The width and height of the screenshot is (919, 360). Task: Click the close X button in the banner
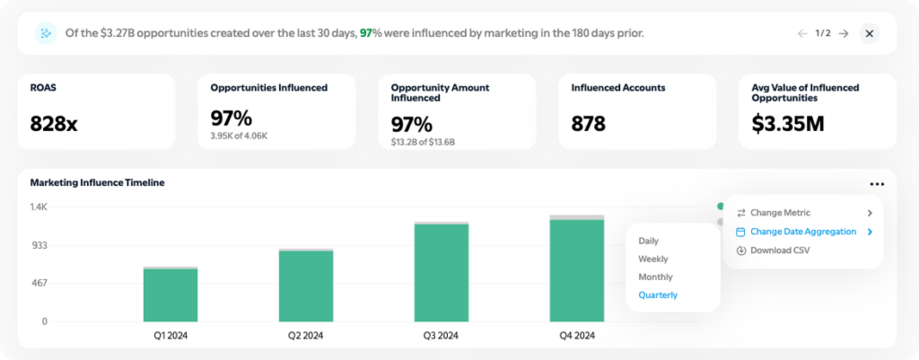[869, 33]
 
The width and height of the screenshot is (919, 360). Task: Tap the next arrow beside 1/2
[844, 33]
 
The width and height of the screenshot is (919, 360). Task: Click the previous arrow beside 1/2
[802, 33]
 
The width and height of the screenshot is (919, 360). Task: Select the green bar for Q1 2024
[171, 294]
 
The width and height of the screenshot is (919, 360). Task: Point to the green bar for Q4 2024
[577, 270]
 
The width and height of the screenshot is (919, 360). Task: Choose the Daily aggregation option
[648, 241]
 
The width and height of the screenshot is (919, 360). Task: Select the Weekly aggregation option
[652, 259]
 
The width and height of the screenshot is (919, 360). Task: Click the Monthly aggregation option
[655, 277]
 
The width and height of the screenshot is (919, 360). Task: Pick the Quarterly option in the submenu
[658, 294]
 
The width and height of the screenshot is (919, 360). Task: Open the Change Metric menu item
[780, 213]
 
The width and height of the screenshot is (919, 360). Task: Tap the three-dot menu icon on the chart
[876, 184]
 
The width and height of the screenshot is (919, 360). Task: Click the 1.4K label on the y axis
[38, 207]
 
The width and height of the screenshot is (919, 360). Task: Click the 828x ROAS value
[54, 124]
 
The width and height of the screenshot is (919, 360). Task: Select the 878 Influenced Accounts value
[588, 124]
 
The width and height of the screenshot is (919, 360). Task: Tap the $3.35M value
[787, 124]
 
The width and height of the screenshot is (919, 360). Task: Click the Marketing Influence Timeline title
[97, 182]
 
